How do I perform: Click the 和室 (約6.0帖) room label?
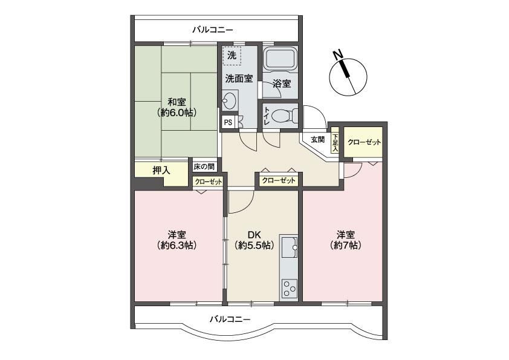point(177,107)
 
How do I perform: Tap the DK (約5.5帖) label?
point(254,240)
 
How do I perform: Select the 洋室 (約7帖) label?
point(345,240)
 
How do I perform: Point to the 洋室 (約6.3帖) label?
point(177,240)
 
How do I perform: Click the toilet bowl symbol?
point(285,116)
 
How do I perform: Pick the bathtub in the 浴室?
point(280,59)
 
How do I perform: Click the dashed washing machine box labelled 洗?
point(232,56)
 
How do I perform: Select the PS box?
point(228,122)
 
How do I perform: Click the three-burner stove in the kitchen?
point(289,288)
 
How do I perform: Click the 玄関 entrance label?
point(318,140)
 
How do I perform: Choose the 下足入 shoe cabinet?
point(335,143)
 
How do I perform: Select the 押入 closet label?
point(161,170)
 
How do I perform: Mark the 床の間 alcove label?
point(204,167)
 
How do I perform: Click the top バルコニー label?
point(213,30)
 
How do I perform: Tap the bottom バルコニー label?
point(230,319)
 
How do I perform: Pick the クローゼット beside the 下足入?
point(364,142)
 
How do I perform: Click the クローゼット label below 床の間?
point(209,182)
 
